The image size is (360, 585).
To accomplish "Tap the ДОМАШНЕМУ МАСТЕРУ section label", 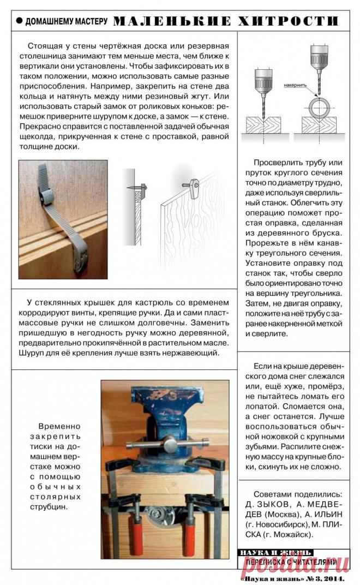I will pyautogui.click(x=67, y=22).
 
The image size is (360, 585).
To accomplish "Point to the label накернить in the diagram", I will pyautogui.click(x=295, y=86).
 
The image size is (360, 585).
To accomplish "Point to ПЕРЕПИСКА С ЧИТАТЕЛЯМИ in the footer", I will pyautogui.click(x=292, y=562).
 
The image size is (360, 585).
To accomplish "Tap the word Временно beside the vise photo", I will pyautogui.click(x=59, y=426).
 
